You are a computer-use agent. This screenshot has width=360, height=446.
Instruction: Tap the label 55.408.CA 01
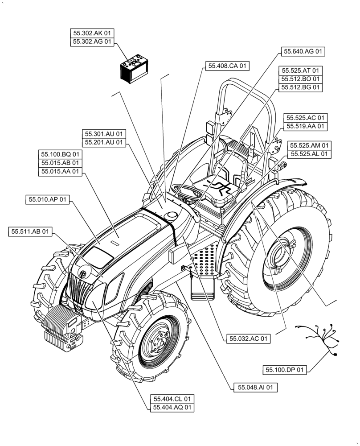point(226,66)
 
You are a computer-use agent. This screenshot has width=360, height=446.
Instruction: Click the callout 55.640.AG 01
point(303,52)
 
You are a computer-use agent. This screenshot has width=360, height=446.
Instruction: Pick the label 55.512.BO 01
point(301,79)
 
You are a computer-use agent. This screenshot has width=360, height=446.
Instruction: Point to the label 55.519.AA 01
point(305,127)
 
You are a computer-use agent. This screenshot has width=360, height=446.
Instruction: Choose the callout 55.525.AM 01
point(310,145)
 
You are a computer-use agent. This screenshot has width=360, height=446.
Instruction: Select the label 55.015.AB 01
point(61,162)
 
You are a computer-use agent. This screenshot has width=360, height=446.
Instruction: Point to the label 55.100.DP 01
point(285,370)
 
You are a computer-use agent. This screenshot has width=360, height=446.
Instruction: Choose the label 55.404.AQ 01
point(172,407)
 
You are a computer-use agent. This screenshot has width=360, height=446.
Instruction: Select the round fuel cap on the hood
point(170,215)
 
